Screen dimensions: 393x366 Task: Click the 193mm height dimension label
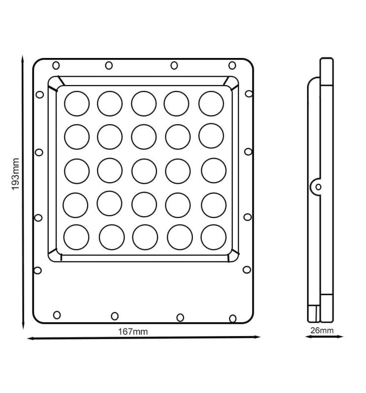[x=15, y=174]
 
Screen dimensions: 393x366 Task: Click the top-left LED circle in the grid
[x=77, y=103]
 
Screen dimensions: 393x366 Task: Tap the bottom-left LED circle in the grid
[x=77, y=236]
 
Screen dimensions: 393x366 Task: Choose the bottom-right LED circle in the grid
[x=213, y=236]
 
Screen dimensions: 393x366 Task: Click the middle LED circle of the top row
[x=143, y=103]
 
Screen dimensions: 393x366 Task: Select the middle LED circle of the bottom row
[x=145, y=237]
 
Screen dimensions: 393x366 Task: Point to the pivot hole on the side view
[x=318, y=187]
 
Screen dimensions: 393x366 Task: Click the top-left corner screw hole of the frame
[x=56, y=65]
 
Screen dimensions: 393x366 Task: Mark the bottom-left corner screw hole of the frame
[x=57, y=314]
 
